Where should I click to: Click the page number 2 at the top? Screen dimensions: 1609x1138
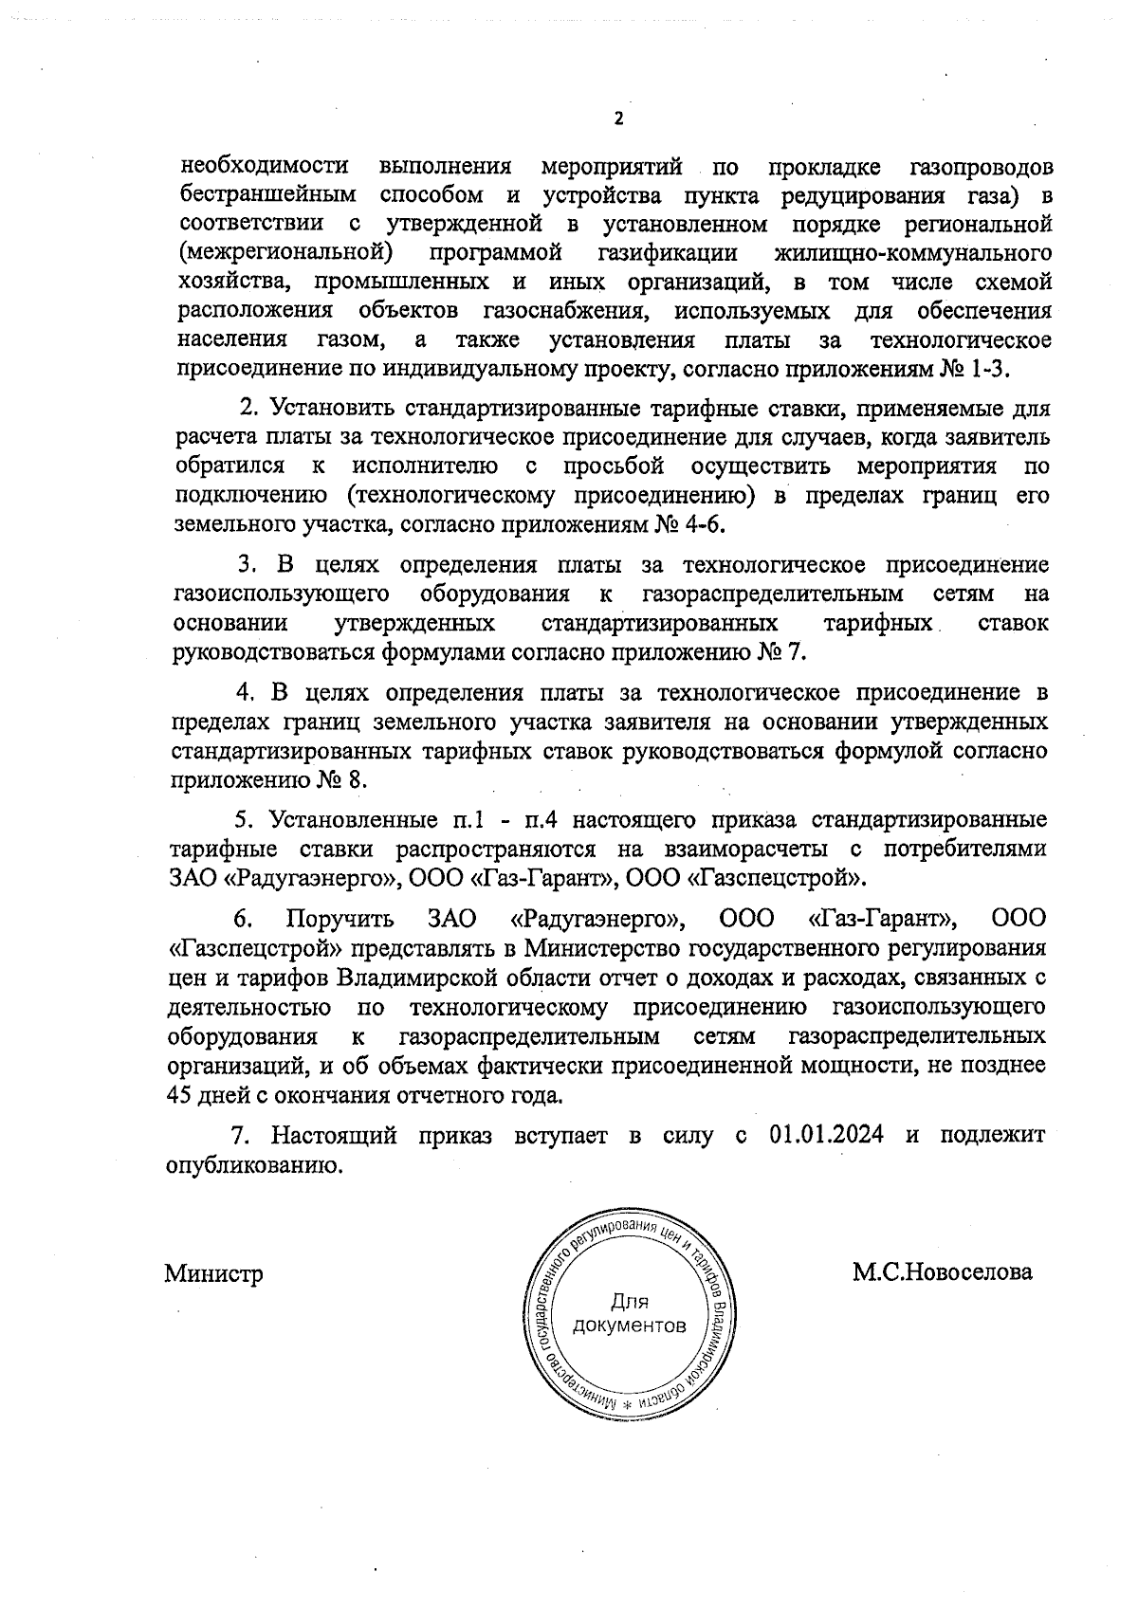pos(618,119)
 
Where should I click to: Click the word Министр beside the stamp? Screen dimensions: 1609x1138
pos(213,1272)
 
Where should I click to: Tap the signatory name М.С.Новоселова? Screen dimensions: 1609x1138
pos(942,1272)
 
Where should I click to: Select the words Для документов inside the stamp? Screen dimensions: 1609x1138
pos(630,1313)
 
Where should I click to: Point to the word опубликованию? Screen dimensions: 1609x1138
pos(253,1164)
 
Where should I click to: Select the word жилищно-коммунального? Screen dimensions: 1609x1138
pos(912,253)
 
